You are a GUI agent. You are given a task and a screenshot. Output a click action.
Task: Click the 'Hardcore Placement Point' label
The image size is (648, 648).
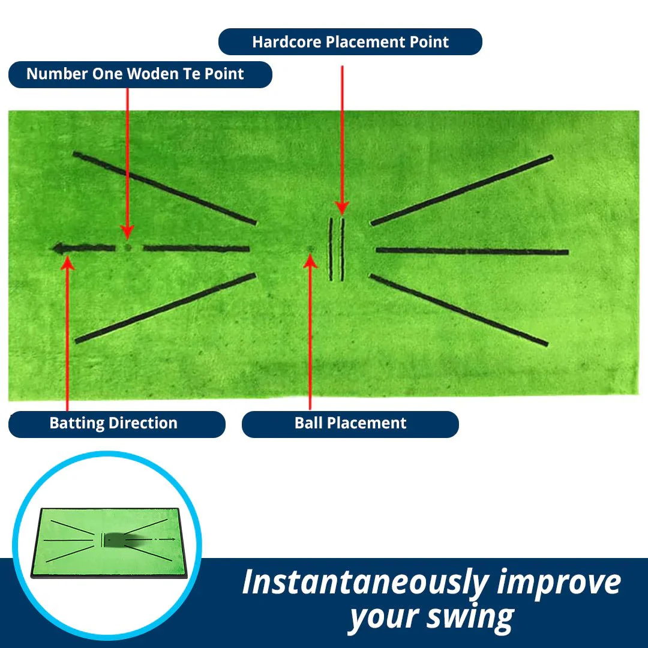(350, 42)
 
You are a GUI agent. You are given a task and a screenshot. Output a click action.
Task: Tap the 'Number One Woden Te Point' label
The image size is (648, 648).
(140, 74)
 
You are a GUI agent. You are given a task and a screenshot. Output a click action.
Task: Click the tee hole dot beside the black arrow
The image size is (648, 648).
(128, 248)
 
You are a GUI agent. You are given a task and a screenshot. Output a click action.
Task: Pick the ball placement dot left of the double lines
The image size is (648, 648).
(310, 248)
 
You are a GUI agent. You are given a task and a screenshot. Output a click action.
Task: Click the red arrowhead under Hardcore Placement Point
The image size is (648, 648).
(342, 208)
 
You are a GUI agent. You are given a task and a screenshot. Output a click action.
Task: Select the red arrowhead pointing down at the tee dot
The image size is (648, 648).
(127, 232)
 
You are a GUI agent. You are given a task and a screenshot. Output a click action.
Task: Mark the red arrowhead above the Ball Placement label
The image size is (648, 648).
(310, 261)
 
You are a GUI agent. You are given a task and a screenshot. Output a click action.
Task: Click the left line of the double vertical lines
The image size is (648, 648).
(331, 249)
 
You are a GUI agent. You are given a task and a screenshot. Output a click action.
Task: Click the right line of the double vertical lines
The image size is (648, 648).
(342, 249)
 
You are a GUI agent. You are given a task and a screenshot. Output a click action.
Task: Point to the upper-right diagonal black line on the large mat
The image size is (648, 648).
(462, 190)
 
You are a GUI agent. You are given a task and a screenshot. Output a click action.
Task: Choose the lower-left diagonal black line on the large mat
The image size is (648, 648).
(166, 308)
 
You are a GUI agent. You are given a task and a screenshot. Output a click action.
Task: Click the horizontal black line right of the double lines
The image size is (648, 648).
(472, 251)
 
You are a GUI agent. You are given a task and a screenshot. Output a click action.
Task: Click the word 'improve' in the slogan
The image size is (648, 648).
(559, 583)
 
